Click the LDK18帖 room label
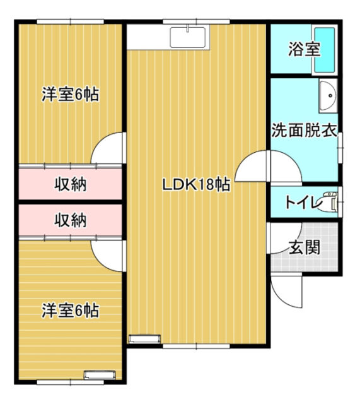tap(196, 184)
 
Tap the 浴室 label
tap(304, 49)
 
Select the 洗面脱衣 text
tap(304, 131)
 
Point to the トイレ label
tap(304, 203)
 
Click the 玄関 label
tap(305, 247)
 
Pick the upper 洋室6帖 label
tap(70, 94)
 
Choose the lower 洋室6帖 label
tap(70, 311)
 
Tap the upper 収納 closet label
tap(70, 184)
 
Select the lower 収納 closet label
tap(70, 220)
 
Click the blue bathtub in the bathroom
tap(325, 50)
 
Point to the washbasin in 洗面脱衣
tap(328, 95)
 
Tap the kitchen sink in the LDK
tap(188, 37)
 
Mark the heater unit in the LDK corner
tap(144, 339)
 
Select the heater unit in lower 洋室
tap(100, 375)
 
